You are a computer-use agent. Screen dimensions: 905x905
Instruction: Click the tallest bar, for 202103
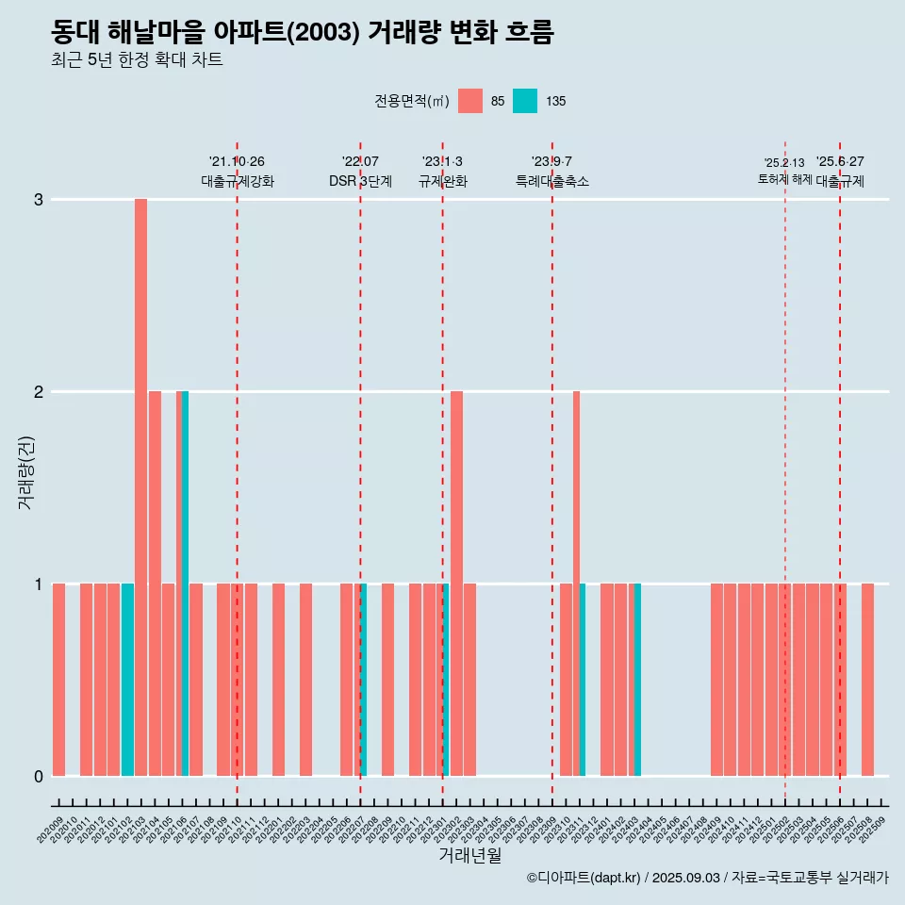[x=140, y=486]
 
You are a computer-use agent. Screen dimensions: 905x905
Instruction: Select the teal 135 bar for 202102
[x=127, y=679]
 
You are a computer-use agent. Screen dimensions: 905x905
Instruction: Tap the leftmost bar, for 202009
[x=58, y=679]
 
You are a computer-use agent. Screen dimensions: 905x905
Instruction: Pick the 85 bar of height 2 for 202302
[x=456, y=583]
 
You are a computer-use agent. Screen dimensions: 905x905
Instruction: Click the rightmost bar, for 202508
[x=867, y=679]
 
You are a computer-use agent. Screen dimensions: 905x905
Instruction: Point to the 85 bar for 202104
[x=155, y=583]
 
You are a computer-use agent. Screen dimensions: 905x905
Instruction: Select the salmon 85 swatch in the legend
[x=469, y=101]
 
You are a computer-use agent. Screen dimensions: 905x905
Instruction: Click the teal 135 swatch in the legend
[x=525, y=101]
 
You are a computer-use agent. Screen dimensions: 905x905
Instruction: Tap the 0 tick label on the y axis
[x=39, y=777]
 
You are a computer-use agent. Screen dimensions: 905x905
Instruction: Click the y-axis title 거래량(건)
[x=26, y=471]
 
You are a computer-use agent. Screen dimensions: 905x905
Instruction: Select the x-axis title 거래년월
[x=469, y=855]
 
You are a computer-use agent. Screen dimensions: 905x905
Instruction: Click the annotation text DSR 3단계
[x=360, y=182]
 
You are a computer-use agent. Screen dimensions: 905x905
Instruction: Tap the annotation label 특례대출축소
[x=552, y=182]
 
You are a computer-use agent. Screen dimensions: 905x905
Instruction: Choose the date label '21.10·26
[x=237, y=162]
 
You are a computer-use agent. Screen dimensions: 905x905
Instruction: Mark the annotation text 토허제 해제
[x=784, y=179]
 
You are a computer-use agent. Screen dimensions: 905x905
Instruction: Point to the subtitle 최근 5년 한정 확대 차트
[x=138, y=61]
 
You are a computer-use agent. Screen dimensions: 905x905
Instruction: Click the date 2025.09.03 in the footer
[x=685, y=878]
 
